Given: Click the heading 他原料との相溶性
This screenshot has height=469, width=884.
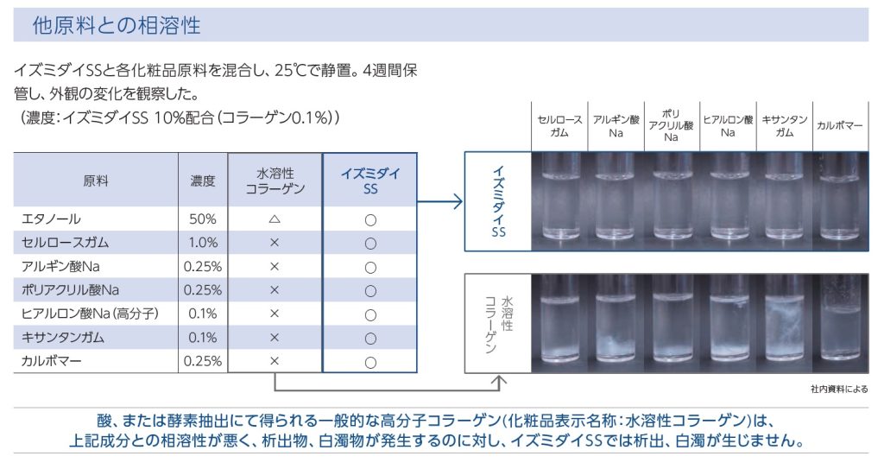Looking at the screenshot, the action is [x=117, y=25].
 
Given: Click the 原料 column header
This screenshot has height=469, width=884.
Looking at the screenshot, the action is [x=95, y=181].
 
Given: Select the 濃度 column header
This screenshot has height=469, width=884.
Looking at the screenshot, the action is [x=203, y=181].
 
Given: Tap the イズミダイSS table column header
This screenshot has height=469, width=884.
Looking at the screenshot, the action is [x=369, y=181].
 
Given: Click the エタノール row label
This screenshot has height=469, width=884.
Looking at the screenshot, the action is [x=51, y=219].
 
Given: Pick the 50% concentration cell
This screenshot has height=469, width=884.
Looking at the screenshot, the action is [x=203, y=219].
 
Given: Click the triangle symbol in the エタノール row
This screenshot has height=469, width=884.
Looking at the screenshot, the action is [x=275, y=219].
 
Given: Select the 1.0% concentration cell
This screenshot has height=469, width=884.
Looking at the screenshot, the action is [x=203, y=243].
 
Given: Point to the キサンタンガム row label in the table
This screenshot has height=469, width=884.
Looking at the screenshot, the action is [x=62, y=338].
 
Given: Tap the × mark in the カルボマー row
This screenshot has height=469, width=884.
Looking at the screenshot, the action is [x=275, y=361].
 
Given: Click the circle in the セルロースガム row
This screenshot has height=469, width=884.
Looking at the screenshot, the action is [x=370, y=244].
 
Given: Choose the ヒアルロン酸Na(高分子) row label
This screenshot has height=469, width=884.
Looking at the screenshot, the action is [x=90, y=314].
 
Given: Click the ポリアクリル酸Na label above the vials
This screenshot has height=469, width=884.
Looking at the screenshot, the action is [x=671, y=125].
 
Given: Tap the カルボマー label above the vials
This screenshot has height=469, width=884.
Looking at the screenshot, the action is [x=839, y=126].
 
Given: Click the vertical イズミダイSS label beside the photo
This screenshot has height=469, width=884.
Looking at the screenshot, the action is [x=498, y=201].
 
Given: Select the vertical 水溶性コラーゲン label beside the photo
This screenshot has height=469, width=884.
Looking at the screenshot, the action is [x=499, y=324].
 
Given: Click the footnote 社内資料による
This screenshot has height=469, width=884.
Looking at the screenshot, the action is [x=839, y=389].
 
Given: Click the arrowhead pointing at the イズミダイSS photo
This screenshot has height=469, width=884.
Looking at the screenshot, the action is [x=458, y=201].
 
